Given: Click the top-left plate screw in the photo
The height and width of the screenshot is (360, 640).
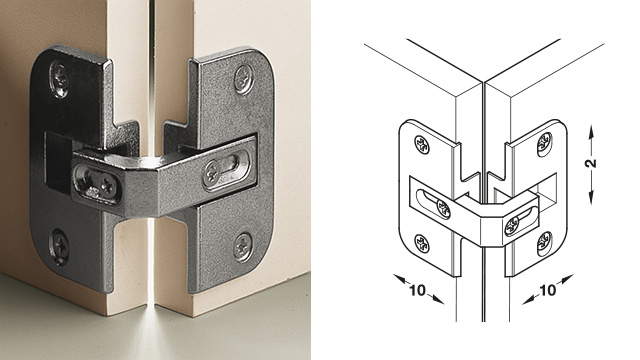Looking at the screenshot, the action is tap(60, 80).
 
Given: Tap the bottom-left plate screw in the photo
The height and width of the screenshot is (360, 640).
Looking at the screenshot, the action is tap(59, 246).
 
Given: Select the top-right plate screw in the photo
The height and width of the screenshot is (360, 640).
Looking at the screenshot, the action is tap(244, 79).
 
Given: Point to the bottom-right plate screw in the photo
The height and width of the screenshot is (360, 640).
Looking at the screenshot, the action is tap(243, 247).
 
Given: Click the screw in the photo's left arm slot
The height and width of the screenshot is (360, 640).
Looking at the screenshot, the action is tap(108, 186).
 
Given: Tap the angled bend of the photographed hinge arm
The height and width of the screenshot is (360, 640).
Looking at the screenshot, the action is tap(153, 184).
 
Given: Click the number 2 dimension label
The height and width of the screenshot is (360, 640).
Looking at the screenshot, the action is tap(592, 162).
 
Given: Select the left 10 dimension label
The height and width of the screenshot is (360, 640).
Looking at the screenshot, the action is tap(417, 290).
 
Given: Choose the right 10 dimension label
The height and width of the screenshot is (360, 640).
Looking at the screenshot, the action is tap(547, 290).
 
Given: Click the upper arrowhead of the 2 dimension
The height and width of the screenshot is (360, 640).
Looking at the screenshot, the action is tap(591, 131).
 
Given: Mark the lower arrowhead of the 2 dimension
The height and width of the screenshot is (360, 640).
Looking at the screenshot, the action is tap(591, 199).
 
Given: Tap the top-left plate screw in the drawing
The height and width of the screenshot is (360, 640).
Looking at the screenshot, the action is tap(422, 144).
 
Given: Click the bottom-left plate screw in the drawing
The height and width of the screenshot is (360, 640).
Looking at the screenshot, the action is tap(422, 244).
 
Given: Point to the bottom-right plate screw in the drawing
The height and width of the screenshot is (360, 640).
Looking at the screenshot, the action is tap(544, 244).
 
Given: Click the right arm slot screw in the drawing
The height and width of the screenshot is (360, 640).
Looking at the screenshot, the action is tap(513, 226).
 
